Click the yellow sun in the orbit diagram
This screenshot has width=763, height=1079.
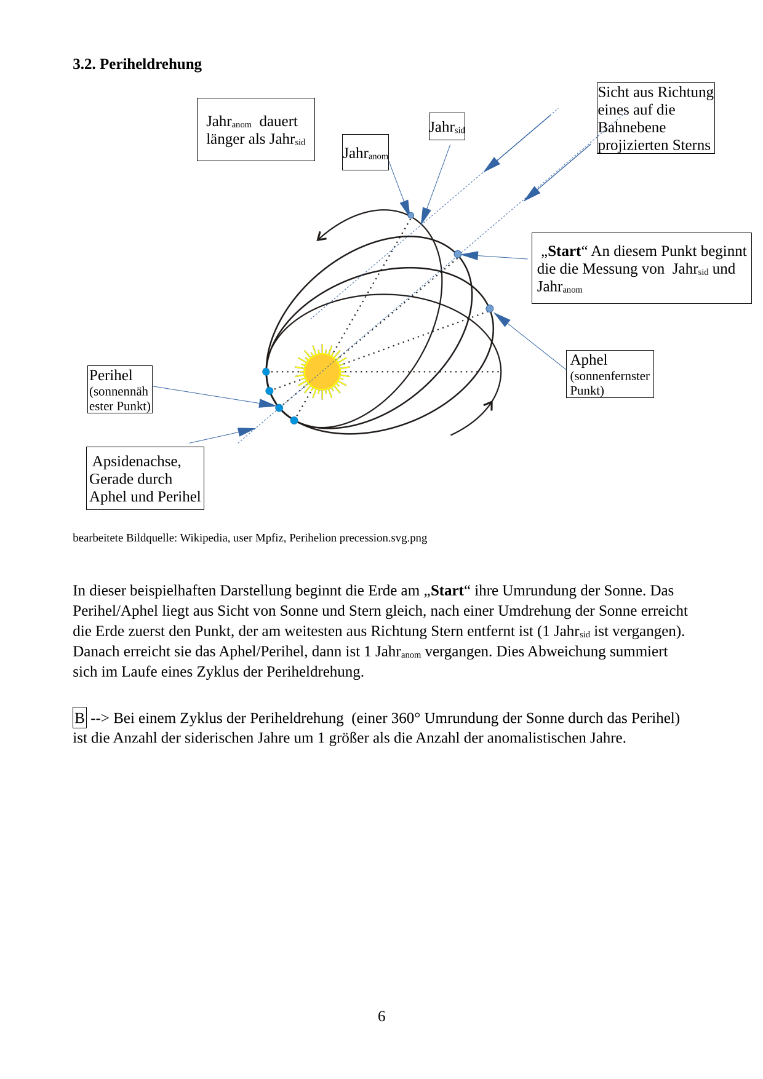pos(322,372)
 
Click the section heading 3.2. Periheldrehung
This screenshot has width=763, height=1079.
pos(137,64)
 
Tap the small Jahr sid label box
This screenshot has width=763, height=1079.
pos(447,127)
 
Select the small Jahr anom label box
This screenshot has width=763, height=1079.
pos(366,153)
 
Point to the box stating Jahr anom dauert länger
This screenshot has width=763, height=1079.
pos(255,130)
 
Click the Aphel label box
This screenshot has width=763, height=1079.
pos(609,374)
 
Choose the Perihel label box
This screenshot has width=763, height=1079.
pos(119,389)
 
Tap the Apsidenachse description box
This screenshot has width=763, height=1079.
pos(145,478)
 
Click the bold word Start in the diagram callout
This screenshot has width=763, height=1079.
pos(564,251)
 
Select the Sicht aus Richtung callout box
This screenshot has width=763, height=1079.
pos(655,118)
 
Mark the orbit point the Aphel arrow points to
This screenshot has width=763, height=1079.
pos(490,309)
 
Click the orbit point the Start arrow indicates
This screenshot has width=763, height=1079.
pos(458,254)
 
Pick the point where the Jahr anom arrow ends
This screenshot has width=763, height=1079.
pos(410,215)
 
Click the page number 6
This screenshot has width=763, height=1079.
pos(381,1016)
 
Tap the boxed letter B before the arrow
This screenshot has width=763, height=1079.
pos(79,718)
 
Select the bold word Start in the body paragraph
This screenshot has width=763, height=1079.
pos(447,591)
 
